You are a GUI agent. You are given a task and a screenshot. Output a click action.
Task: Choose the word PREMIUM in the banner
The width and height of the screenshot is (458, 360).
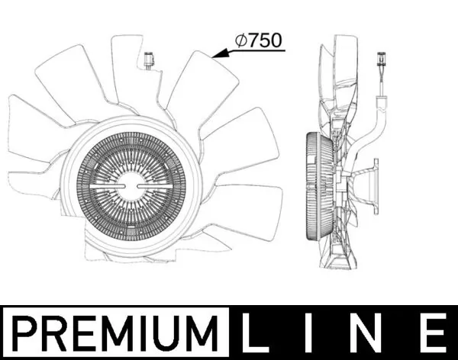click(x=114, y=332)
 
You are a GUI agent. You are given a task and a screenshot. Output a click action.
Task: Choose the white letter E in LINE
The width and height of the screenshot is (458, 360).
click(x=432, y=332)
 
